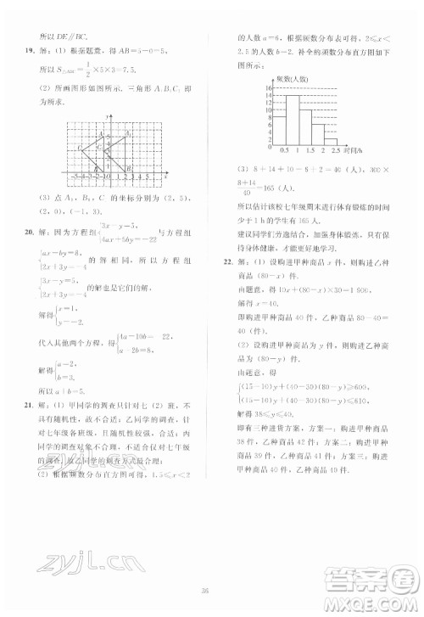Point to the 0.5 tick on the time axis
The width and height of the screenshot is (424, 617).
283,151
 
